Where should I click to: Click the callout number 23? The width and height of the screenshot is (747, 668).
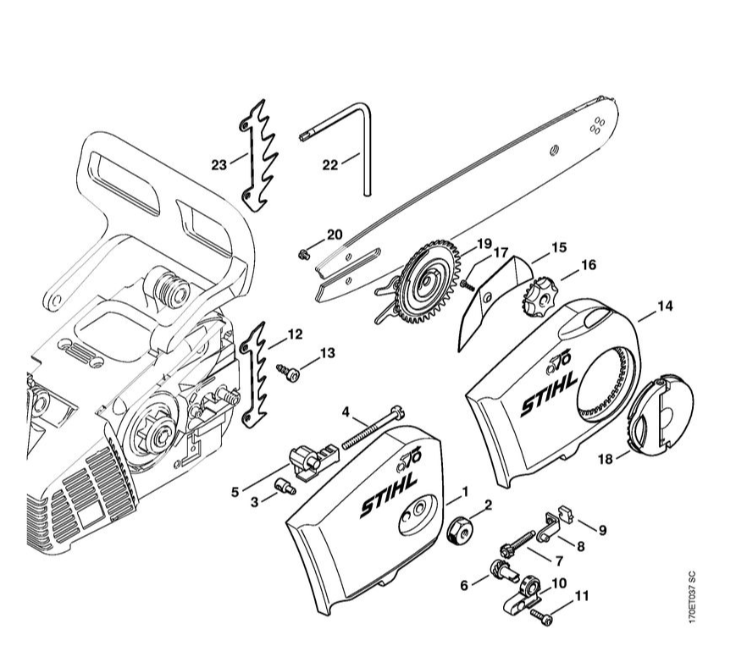pyautogui.click(x=219, y=164)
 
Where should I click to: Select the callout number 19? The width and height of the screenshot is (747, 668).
pyautogui.click(x=484, y=245)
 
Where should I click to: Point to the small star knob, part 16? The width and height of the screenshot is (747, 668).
pyautogui.click(x=536, y=297)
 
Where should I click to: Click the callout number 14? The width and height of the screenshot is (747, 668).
pyautogui.click(x=665, y=306)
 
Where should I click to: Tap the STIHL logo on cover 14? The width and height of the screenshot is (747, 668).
pyautogui.click(x=548, y=395)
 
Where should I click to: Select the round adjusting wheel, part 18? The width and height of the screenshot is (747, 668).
pyautogui.click(x=659, y=417)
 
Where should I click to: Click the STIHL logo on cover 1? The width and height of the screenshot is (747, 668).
pyautogui.click(x=389, y=497)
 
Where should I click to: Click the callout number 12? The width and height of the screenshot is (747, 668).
pyautogui.click(x=294, y=334)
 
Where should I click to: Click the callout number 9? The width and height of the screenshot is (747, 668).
pyautogui.click(x=602, y=531)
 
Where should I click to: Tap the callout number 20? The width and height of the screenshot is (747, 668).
pyautogui.click(x=335, y=235)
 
